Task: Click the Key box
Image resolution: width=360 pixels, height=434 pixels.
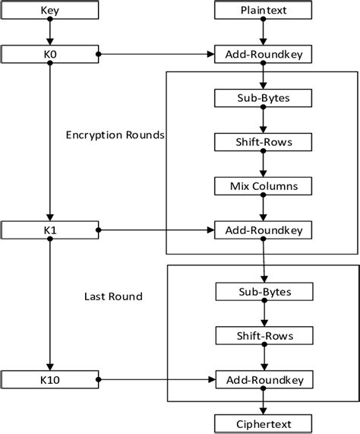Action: coord(49,11)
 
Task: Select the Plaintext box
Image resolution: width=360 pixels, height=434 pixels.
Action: coord(263,11)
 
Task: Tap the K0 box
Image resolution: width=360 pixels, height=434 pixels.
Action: coord(49,54)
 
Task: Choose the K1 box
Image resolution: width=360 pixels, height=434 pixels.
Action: coord(49,228)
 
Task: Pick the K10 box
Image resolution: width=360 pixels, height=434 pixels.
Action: coord(49,378)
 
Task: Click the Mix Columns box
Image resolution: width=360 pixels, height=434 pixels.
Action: coord(263,185)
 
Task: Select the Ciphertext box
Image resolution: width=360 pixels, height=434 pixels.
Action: coord(263,423)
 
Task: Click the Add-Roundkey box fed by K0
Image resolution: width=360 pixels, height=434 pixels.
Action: coord(263,54)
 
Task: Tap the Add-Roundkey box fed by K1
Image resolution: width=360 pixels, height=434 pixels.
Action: coord(263,228)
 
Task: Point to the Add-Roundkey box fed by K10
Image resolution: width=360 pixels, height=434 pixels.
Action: coord(263,378)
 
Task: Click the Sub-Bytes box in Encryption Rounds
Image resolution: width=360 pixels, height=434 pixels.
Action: coord(263,98)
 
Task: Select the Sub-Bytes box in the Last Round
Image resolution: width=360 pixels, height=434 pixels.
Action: coord(263,291)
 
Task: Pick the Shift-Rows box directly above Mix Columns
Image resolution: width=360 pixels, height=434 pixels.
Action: coord(263,141)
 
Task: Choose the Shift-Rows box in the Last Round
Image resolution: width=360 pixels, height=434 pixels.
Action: coord(263,334)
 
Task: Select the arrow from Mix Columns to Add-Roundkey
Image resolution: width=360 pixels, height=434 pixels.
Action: coord(263,206)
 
